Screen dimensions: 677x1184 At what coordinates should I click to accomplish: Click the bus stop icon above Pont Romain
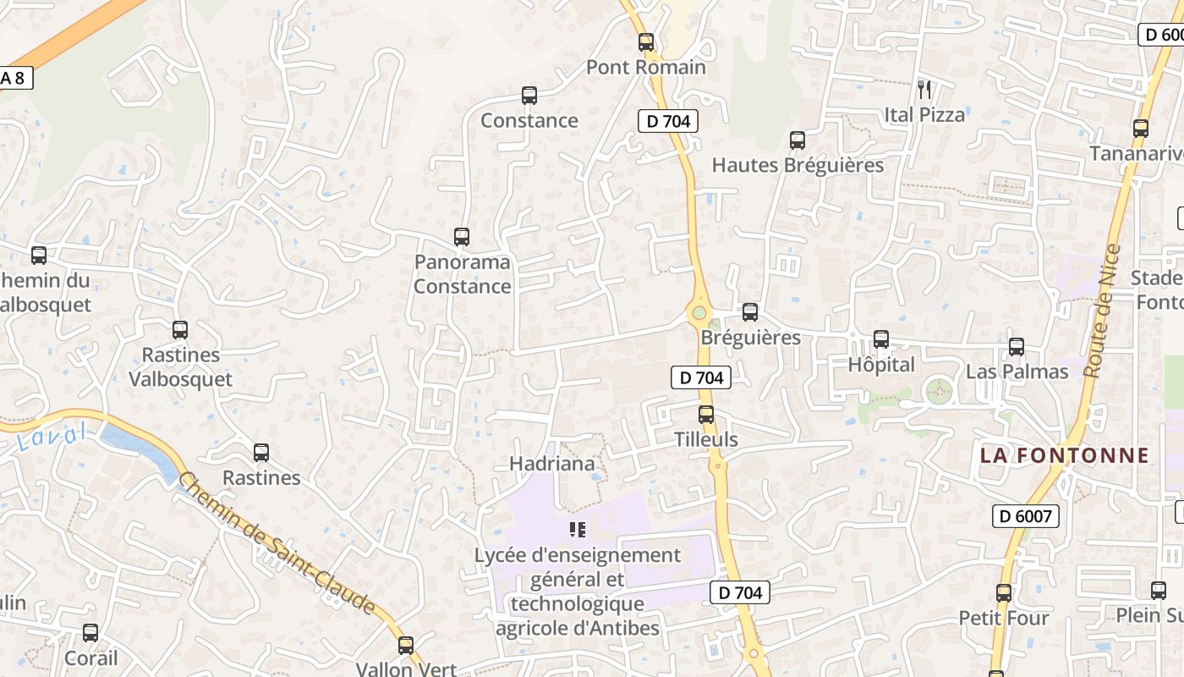pos(646,41)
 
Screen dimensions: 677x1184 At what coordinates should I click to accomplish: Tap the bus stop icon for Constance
pos(529,96)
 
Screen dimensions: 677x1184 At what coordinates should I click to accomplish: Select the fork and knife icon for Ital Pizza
pos(924,89)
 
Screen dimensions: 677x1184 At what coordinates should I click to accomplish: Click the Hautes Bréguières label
pos(798,165)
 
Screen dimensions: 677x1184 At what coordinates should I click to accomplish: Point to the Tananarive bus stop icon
pos(1141,129)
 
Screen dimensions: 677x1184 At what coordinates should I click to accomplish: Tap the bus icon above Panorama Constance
pos(462,237)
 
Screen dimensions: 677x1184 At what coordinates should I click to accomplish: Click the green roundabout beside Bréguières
pos(699,313)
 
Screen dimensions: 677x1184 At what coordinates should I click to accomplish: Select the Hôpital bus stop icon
pos(881,339)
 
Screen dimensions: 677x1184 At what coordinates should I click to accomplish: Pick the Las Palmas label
pos(1017,372)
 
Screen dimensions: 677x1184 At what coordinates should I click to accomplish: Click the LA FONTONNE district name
pos(1065,455)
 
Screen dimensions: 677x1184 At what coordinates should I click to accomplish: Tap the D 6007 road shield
pos(1025,515)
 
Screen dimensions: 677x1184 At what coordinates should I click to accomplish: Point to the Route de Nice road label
pos(1102,311)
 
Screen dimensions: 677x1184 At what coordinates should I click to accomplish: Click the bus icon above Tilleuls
pos(706,415)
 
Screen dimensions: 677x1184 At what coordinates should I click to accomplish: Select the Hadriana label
pos(551,464)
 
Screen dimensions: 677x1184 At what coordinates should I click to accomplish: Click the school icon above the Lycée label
pos(578,531)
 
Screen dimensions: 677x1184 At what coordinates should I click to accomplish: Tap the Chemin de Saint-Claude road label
pos(277,543)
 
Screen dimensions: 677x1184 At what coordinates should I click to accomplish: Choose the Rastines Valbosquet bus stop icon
pos(180,330)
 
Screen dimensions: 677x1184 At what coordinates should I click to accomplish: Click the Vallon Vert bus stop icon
pos(406,645)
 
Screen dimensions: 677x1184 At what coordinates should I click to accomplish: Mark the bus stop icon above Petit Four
pos(1004,593)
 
